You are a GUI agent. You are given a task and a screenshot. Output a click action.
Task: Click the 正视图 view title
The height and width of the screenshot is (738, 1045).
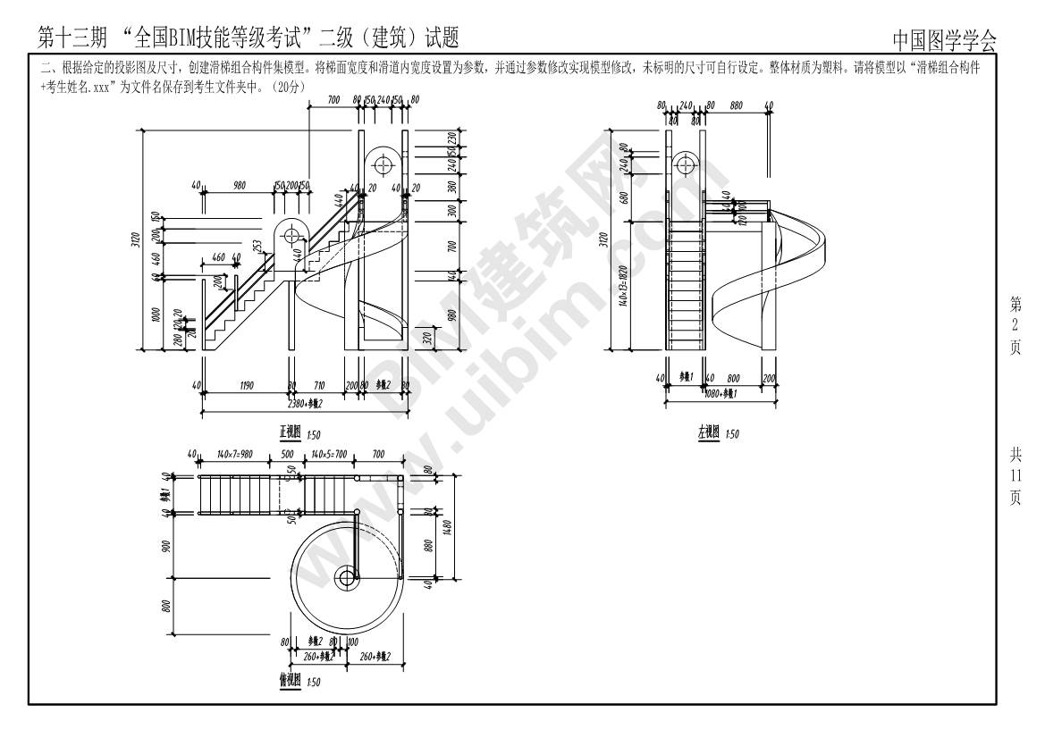(290, 433)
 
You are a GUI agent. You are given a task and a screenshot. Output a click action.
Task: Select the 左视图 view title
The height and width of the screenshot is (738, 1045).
(708, 432)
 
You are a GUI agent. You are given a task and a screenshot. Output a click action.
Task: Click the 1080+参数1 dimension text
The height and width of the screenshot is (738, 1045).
(721, 393)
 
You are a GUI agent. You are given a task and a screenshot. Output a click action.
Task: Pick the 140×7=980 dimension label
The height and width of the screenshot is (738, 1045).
(234, 455)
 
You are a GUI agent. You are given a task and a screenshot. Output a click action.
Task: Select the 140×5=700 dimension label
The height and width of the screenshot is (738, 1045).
(328, 455)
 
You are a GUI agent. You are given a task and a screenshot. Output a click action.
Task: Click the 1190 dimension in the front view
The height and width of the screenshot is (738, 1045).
(246, 386)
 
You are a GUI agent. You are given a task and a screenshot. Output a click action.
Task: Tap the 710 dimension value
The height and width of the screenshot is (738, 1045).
(319, 386)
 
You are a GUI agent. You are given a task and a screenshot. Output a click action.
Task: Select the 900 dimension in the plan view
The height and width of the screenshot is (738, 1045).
(166, 546)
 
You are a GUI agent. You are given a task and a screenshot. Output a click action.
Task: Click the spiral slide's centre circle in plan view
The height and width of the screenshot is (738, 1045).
(346, 578)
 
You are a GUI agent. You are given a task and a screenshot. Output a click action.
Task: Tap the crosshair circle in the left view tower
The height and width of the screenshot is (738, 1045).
(686, 164)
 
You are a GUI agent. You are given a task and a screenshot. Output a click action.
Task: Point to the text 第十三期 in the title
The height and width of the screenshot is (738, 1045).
(73, 38)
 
